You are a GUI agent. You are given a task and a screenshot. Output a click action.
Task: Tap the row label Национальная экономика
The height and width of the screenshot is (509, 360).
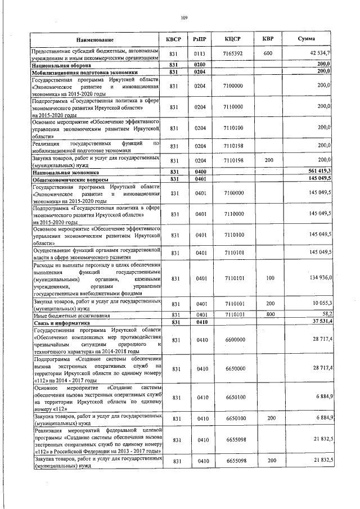[x=66, y=172]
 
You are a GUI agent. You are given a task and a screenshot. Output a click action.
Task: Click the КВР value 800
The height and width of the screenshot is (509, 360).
[x=269, y=314]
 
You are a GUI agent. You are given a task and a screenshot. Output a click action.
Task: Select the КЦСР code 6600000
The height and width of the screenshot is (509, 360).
[x=233, y=340]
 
